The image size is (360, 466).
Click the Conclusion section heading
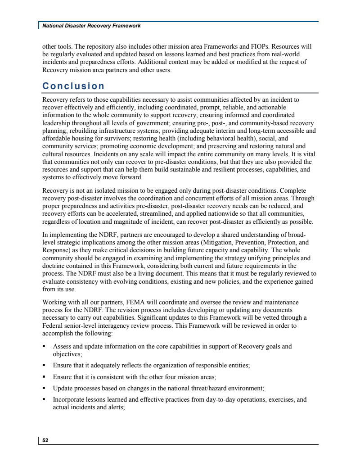tap(73, 86)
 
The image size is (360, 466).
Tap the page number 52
tap(45, 441)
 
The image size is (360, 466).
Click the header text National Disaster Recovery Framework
tap(91, 26)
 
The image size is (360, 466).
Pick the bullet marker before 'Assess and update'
tap(44, 347)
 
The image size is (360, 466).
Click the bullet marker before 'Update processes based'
tap(44, 388)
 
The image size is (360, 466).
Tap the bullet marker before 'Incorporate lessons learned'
tap(44, 399)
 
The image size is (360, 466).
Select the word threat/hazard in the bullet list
tap(207, 388)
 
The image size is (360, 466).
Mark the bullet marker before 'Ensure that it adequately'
tap(44, 366)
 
